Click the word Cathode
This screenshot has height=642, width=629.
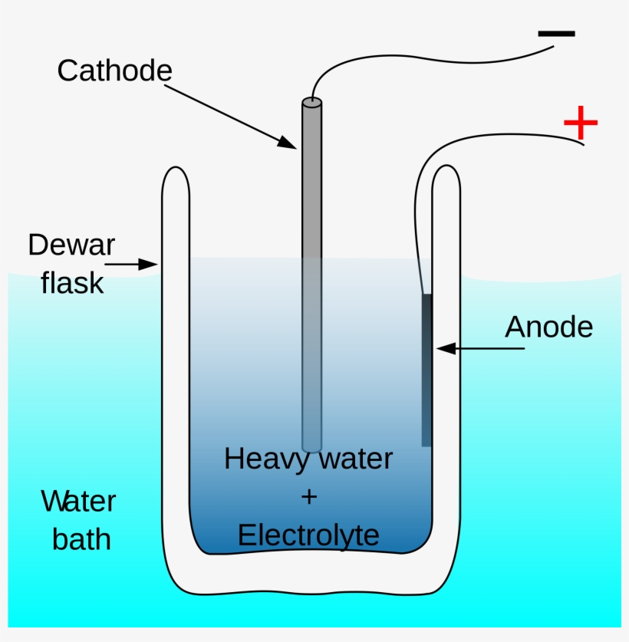pyautogui.click(x=114, y=71)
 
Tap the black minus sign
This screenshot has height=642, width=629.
pyautogui.click(x=556, y=34)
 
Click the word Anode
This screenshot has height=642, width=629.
pyautogui.click(x=548, y=328)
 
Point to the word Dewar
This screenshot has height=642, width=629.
pyautogui.click(x=71, y=245)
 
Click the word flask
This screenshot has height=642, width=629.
pyautogui.click(x=72, y=283)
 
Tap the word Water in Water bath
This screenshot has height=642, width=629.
pyautogui.click(x=78, y=502)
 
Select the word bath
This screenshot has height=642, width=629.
pyautogui.click(x=81, y=539)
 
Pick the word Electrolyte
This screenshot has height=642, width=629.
pyautogui.click(x=308, y=535)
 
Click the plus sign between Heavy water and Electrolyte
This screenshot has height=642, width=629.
pyautogui.click(x=308, y=497)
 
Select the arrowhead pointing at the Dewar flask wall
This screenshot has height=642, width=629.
pyautogui.click(x=150, y=265)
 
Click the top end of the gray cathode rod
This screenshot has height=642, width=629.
pyautogui.click(x=311, y=102)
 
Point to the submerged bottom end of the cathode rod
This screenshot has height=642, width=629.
pyautogui.click(x=311, y=446)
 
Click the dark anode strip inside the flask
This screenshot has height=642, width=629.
pyautogui.click(x=426, y=368)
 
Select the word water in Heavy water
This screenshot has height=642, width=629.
pyautogui.click(x=354, y=459)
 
